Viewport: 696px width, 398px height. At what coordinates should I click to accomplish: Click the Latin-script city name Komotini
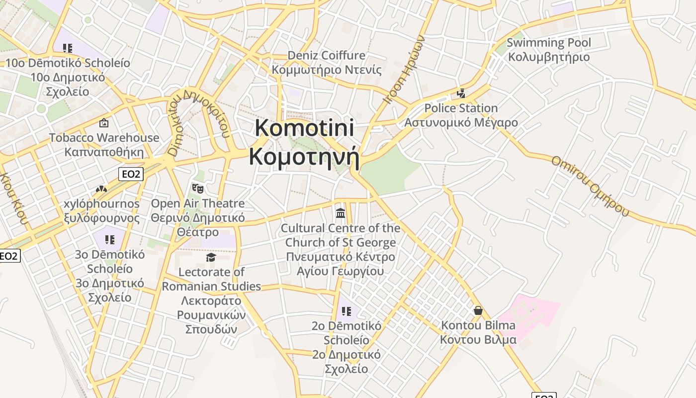(304, 128)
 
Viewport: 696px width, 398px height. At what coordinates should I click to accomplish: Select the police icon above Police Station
(461, 94)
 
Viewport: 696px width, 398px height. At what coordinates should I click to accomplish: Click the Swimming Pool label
(549, 43)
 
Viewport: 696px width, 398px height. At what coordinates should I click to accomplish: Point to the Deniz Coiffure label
(326, 55)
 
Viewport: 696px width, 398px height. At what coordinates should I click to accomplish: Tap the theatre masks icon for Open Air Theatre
(198, 189)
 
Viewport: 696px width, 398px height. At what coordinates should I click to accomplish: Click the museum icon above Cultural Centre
(341, 213)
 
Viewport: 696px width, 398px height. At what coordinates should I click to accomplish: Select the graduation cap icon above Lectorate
(211, 257)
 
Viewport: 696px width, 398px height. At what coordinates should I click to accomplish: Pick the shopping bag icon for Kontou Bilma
(478, 310)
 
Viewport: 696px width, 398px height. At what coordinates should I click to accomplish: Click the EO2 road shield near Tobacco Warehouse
(131, 174)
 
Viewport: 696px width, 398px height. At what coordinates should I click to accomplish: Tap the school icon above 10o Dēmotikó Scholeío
(68, 48)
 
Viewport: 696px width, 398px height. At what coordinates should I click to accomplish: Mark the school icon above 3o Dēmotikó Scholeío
(110, 240)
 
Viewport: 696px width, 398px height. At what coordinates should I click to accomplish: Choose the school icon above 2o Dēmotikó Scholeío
(347, 311)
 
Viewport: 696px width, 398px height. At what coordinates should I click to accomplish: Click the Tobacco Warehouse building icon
(104, 122)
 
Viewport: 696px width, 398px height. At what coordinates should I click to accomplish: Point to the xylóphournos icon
(101, 189)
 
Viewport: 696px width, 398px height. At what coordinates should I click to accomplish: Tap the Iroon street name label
(405, 69)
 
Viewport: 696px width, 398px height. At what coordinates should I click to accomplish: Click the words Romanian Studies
(211, 286)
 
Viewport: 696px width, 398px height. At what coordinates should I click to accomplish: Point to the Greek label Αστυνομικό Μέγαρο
(461, 122)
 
